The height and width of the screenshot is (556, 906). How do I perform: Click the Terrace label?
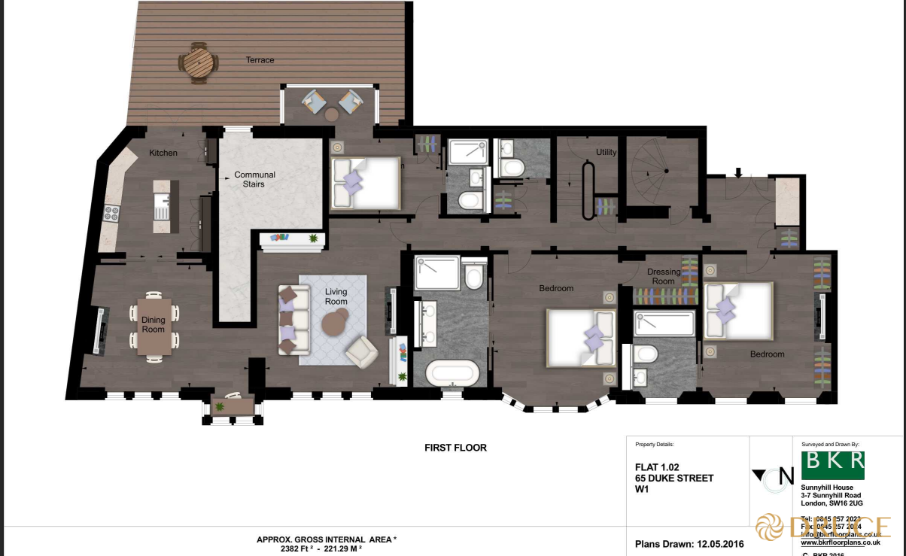(x=260, y=60)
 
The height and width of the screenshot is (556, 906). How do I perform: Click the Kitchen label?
(x=163, y=153)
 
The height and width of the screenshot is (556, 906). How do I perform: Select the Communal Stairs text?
(x=254, y=179)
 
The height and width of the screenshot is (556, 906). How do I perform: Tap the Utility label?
(x=606, y=152)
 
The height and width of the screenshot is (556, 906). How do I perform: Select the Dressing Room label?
(x=664, y=276)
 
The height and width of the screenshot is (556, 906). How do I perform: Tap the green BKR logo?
(x=832, y=465)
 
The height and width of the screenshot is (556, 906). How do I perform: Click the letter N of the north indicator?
(x=786, y=475)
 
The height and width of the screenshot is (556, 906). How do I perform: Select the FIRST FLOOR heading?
(x=455, y=448)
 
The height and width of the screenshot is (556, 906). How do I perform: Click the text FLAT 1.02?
(x=657, y=467)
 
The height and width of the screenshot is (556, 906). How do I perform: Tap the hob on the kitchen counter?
(x=112, y=214)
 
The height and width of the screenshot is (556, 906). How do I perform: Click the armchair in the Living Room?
(x=362, y=350)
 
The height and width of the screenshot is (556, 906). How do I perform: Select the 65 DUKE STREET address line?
(x=674, y=478)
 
